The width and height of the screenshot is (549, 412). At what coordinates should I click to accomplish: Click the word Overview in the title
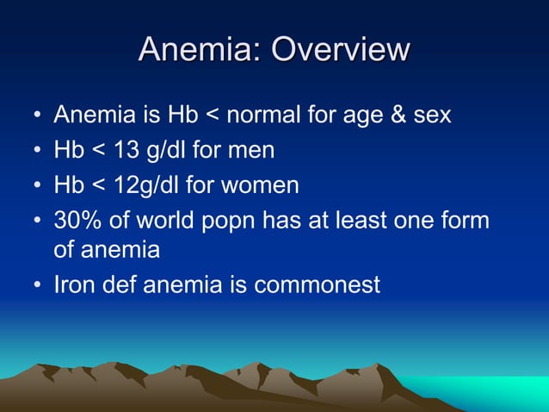coord(340,49)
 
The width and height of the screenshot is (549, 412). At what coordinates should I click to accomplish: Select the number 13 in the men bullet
coord(128,151)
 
